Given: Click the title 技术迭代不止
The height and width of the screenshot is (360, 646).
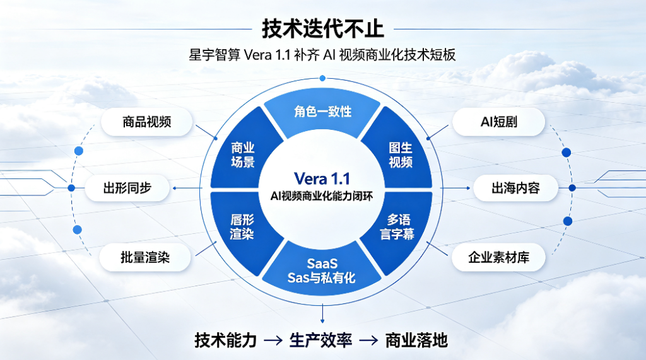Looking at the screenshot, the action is click(322, 29).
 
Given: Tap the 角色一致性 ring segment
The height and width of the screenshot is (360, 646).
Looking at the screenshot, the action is click(322, 113).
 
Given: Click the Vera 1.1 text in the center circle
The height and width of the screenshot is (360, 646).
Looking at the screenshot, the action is click(322, 179).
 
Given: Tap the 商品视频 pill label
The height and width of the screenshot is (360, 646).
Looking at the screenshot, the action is click(146, 122).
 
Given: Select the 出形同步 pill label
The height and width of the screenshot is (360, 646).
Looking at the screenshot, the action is click(127, 189).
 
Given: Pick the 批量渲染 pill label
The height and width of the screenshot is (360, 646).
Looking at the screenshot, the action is click(145, 257).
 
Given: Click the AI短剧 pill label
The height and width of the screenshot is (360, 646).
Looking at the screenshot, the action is click(498, 122).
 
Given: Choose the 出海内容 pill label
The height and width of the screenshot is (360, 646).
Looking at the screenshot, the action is click(515, 189).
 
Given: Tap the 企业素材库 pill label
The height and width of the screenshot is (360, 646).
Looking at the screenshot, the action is click(498, 257).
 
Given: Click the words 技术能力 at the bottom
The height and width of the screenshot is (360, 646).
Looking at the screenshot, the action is click(225, 340).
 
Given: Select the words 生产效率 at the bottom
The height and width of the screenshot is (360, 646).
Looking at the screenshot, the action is click(321, 340).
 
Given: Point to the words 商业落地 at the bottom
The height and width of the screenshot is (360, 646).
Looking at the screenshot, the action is click(416, 340).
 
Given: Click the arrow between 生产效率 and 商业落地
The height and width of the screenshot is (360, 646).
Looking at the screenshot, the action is click(368, 340).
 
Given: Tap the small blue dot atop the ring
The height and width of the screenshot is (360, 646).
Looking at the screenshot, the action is click(322, 78).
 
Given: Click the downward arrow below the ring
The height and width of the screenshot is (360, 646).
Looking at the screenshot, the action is click(322, 314).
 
